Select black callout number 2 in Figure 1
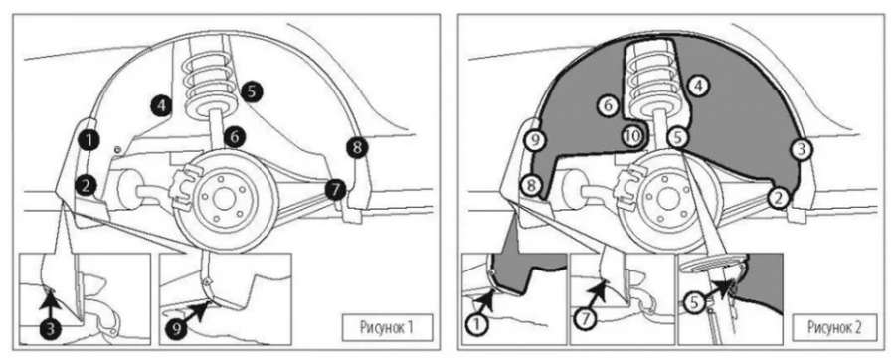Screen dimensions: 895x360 [85, 184]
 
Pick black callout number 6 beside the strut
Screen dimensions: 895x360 [235, 137]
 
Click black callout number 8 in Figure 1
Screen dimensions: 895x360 [357, 148]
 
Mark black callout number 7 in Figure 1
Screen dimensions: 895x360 [336, 188]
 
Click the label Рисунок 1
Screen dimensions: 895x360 [387, 327]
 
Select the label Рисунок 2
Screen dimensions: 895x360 [834, 327]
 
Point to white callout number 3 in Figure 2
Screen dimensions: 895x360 [801, 149]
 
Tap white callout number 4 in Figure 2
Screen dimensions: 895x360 [697, 87]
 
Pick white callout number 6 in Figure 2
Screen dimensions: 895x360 [608, 105]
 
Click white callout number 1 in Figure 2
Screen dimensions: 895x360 [476, 325]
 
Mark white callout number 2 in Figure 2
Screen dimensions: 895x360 [777, 198]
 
